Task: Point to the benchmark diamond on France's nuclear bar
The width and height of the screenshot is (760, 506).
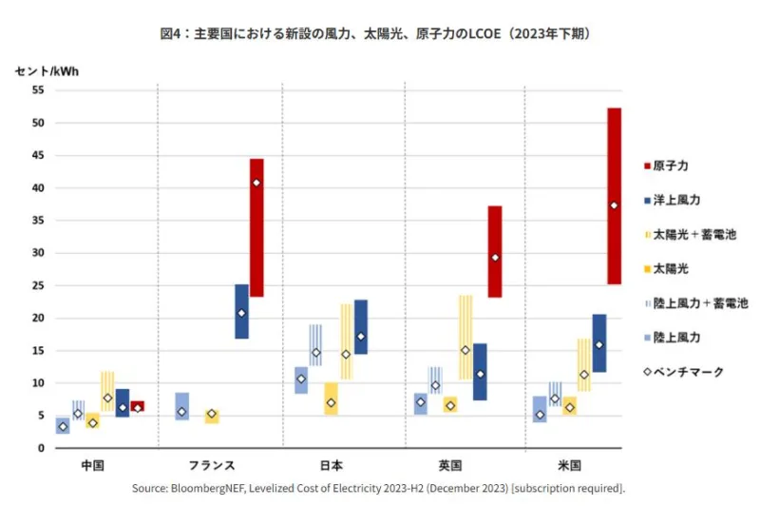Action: (256, 183)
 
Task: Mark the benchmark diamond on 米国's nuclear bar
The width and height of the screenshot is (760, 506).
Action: (614, 205)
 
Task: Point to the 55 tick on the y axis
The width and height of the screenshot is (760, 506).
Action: (39, 90)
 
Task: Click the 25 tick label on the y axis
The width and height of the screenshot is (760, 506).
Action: (39, 285)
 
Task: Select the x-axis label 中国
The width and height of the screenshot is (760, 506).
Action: (92, 466)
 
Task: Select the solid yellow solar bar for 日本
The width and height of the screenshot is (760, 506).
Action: (331, 399)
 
